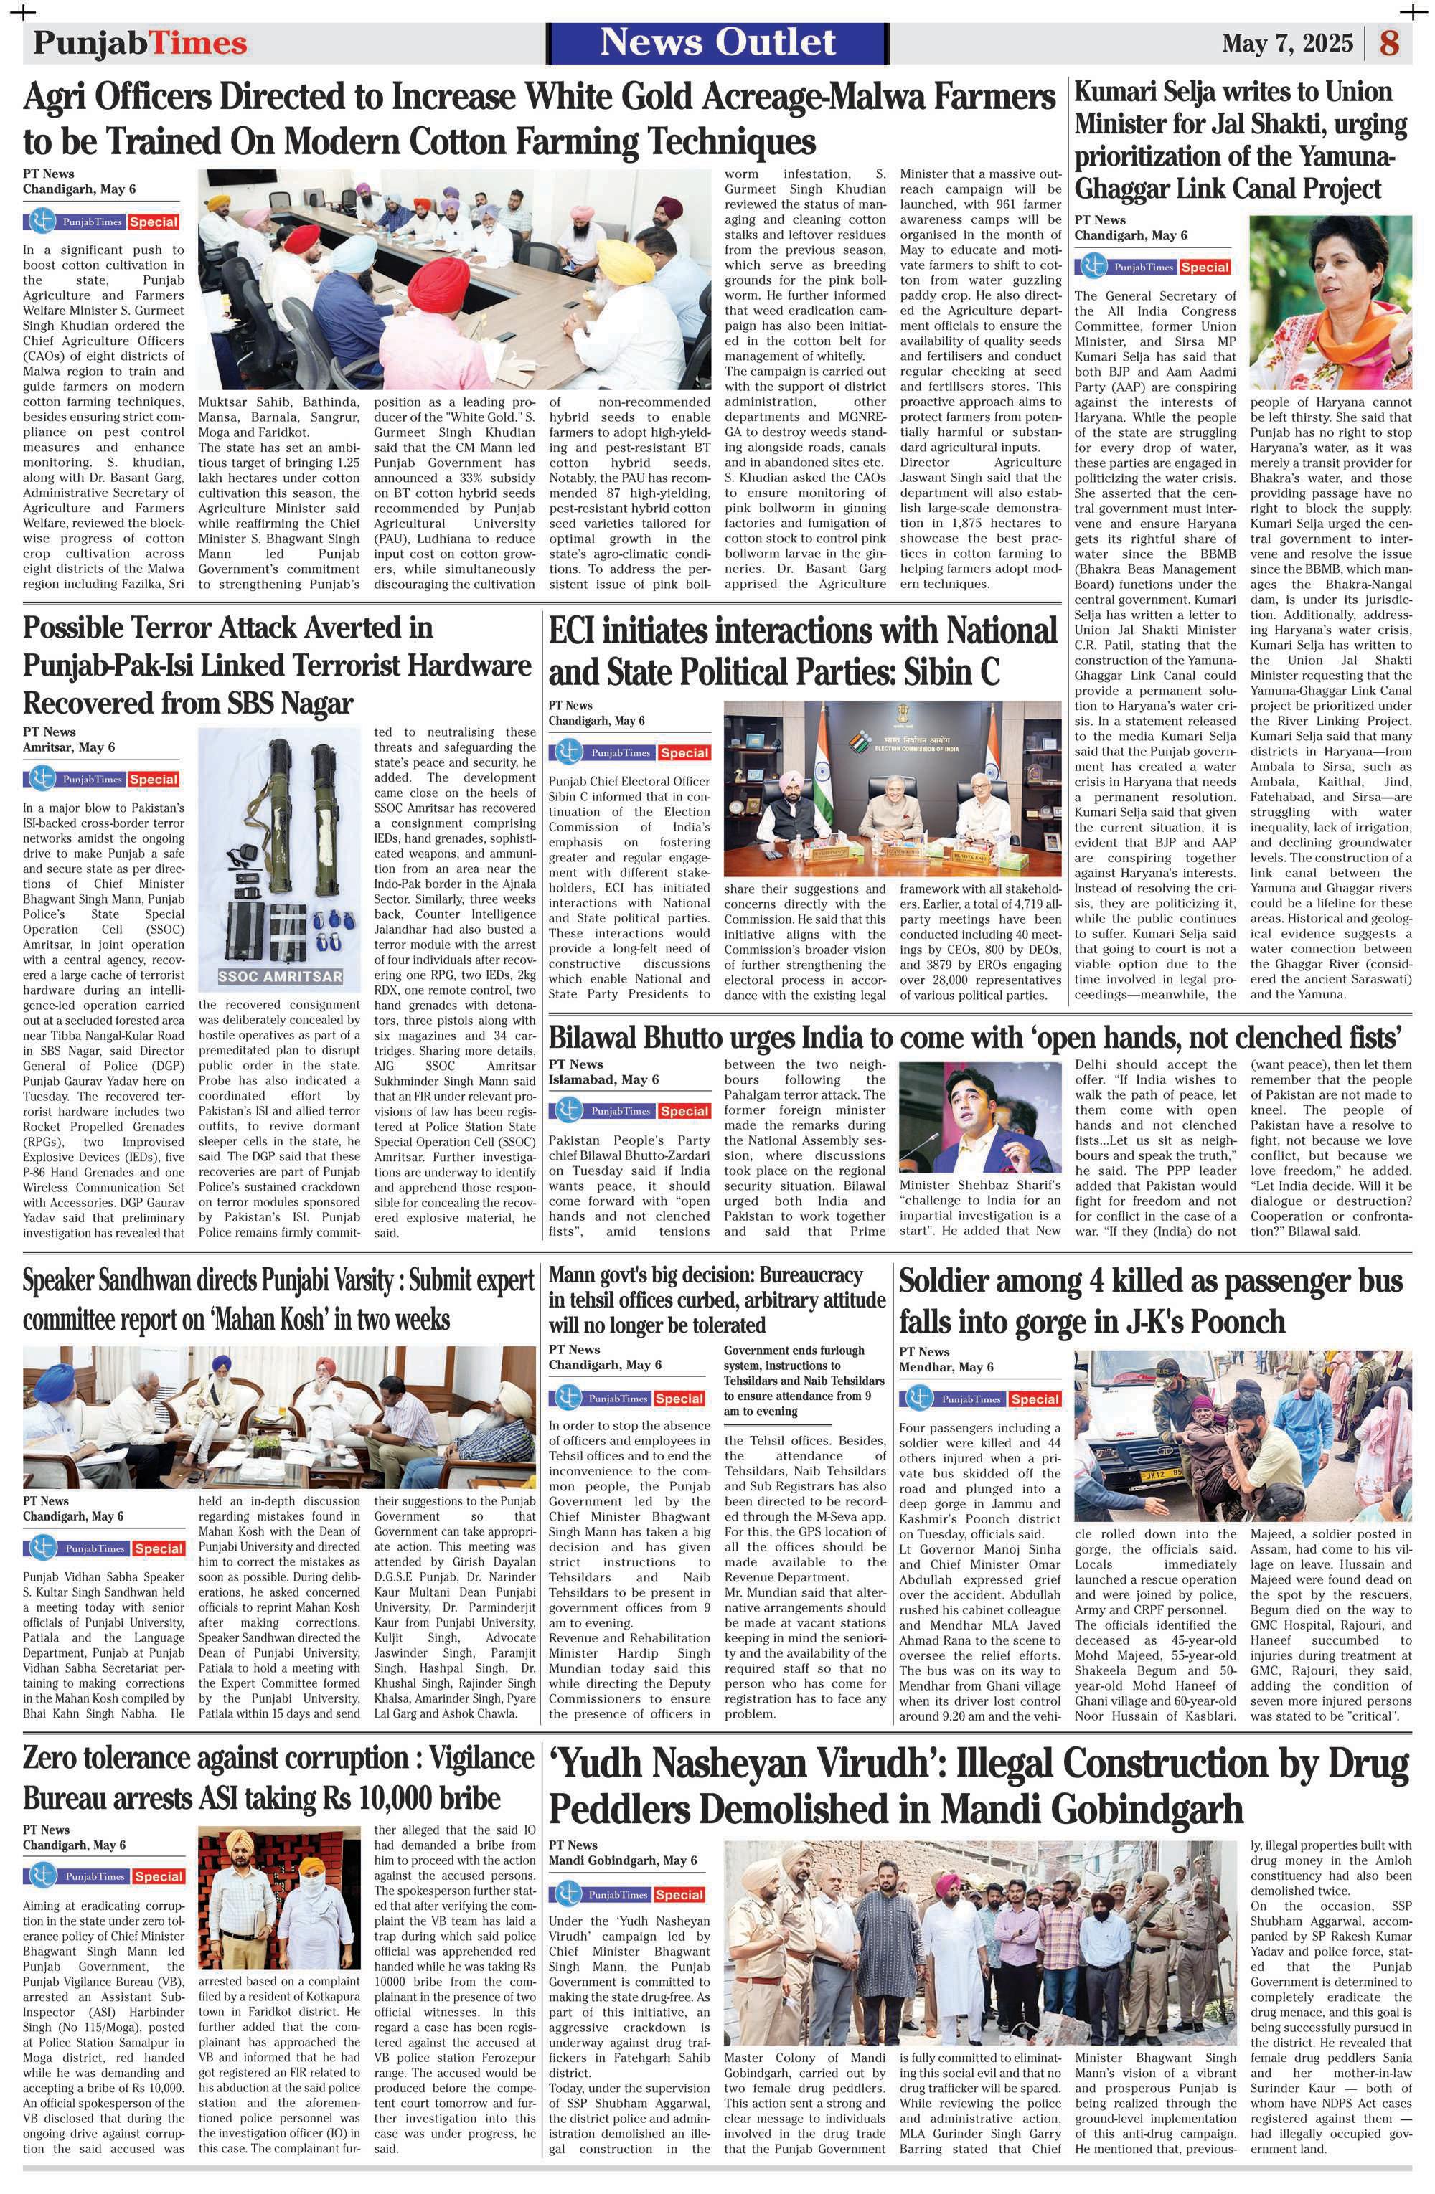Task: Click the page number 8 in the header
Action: pos(1389,43)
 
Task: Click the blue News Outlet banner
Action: pos(717,42)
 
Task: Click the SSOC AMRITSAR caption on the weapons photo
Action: pos(281,976)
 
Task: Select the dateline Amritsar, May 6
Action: pos(68,747)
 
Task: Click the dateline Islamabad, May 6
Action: pos(603,1079)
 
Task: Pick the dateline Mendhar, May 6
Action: pos(946,1366)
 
